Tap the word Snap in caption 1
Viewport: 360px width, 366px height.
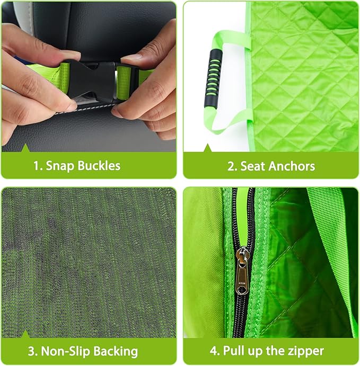pos(59,166)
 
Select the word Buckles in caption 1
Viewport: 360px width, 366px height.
pos(99,165)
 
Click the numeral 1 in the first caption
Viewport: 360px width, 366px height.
pos(36,166)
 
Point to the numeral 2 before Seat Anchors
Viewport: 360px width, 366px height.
pos(231,166)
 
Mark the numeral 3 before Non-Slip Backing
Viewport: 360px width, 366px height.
pos(31,351)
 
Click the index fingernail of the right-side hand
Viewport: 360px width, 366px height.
pos(131,58)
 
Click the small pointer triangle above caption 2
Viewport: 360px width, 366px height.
pos(207,148)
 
